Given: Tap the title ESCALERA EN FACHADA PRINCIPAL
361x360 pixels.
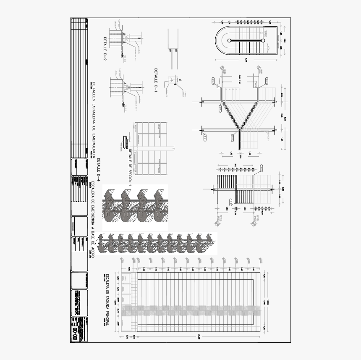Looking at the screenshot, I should (x=107, y=299).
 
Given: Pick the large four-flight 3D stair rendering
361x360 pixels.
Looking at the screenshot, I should (x=135, y=207).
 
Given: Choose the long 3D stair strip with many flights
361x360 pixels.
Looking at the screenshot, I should (x=157, y=243).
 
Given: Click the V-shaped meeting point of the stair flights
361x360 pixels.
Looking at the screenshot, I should (x=238, y=129).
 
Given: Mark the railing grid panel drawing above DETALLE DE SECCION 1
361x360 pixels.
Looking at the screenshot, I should (x=150, y=148).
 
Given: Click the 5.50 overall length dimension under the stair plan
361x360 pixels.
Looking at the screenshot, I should (x=247, y=60).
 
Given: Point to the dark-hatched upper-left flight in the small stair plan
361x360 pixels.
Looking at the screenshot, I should (x=227, y=182).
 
